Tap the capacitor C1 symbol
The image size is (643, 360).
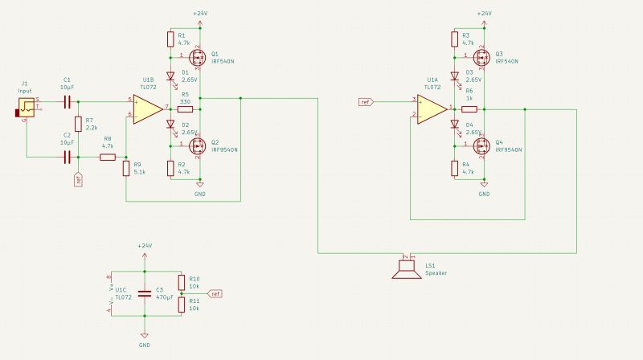point(68,102)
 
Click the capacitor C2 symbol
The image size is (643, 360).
point(68,157)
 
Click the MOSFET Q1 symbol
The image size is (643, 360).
point(195,57)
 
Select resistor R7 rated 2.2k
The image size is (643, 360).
point(77,124)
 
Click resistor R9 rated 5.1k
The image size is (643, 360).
point(126,168)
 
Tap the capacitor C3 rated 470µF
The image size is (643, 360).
point(145,292)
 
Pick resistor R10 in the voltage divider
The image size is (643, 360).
point(182,283)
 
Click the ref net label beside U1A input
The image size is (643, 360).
point(367,102)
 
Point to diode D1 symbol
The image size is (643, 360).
point(170,77)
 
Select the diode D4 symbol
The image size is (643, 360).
point(455,125)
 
